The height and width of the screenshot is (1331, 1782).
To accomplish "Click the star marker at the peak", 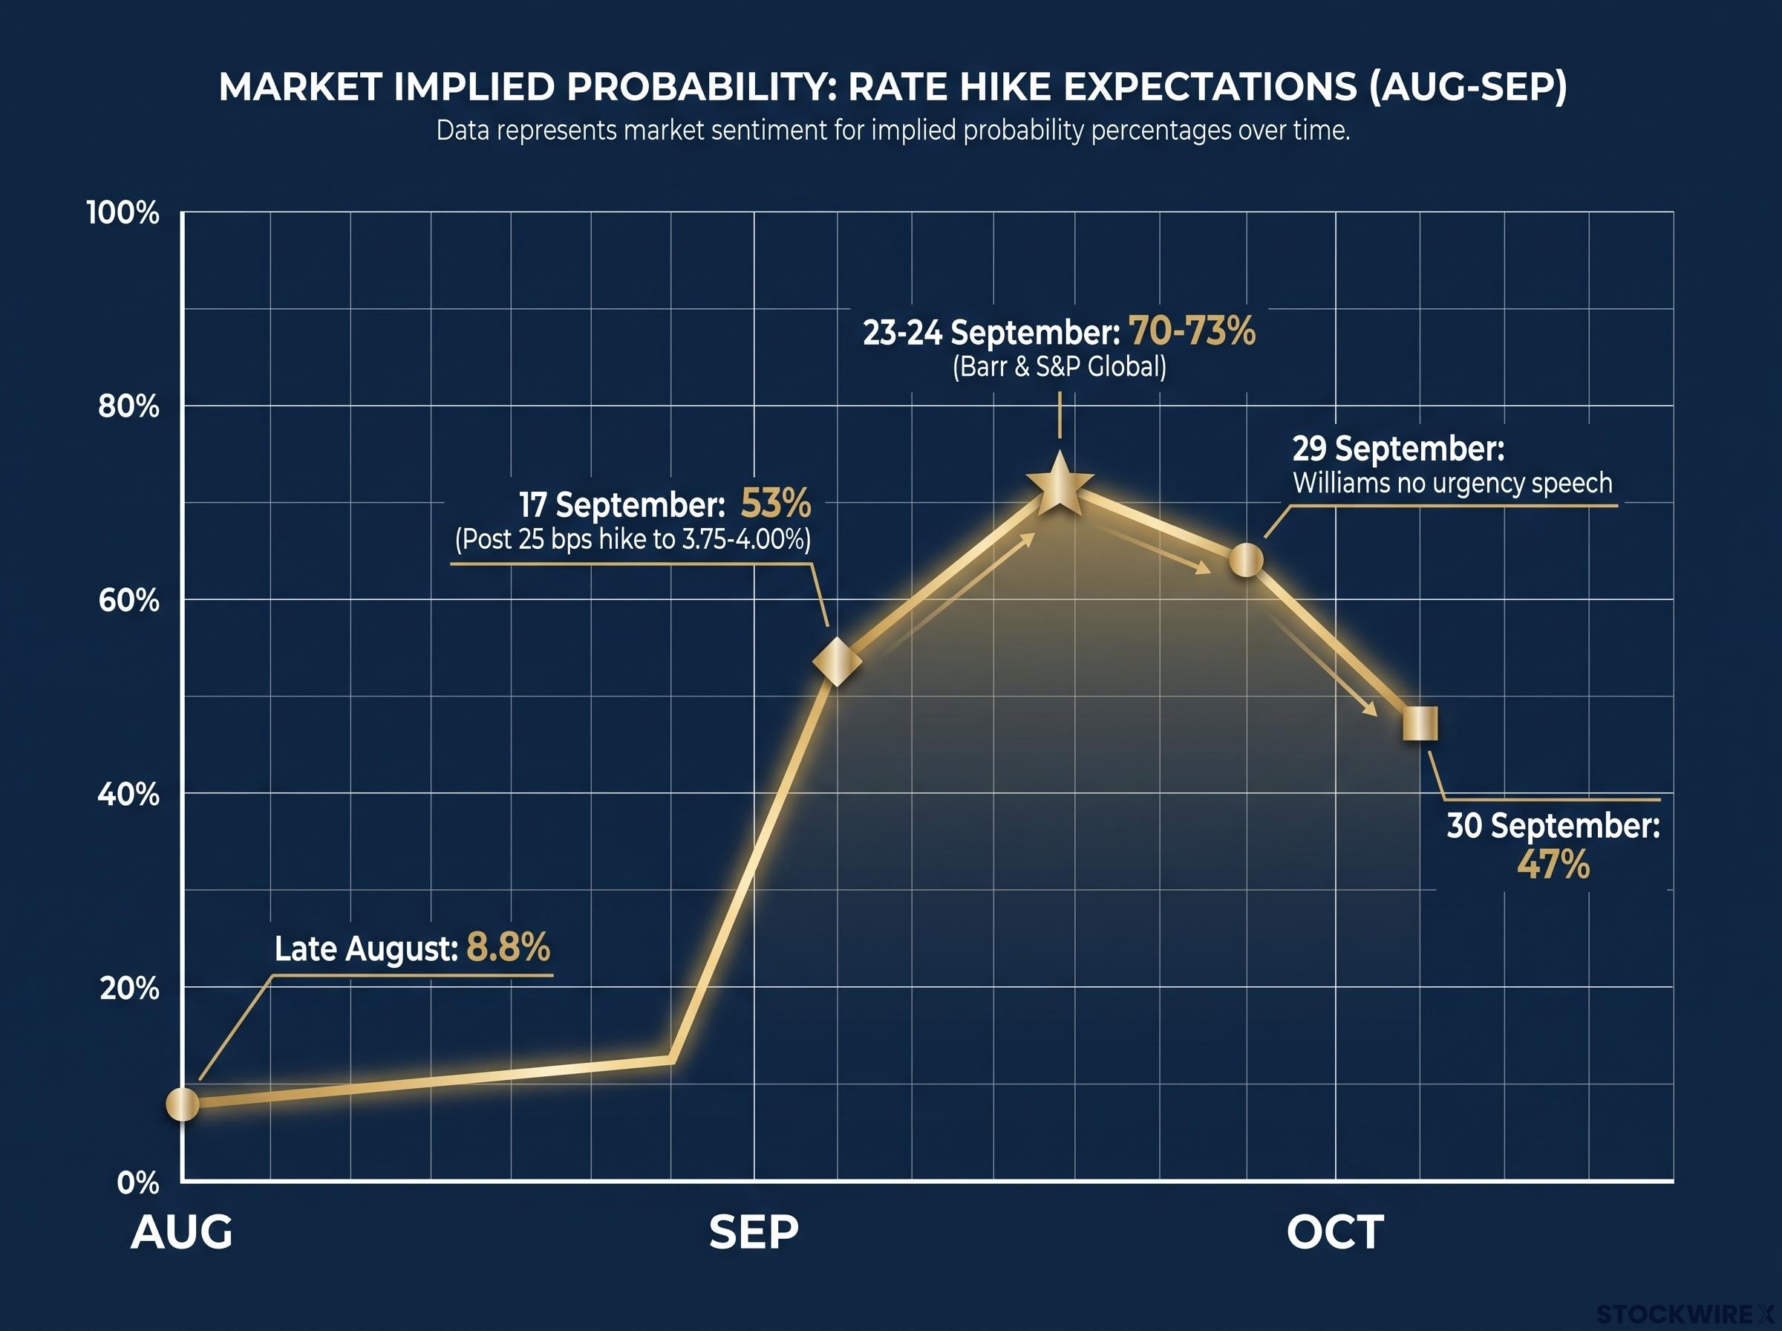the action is pyautogui.click(x=1060, y=485).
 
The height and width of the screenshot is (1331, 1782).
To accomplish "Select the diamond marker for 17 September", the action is pyautogui.click(x=838, y=662).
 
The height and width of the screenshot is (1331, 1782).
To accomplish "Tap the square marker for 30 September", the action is pyautogui.click(x=1420, y=723).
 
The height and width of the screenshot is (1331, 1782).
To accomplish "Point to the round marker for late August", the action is pyautogui.click(x=183, y=1103).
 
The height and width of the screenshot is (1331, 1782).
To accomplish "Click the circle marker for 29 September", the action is pyautogui.click(x=1246, y=559).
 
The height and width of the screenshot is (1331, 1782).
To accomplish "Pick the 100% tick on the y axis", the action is pyautogui.click(x=123, y=213).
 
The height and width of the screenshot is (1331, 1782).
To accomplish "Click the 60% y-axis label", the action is pyautogui.click(x=129, y=600).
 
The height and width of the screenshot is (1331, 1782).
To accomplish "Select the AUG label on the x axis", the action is pyautogui.click(x=182, y=1233).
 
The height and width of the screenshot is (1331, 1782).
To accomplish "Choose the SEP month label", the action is pyautogui.click(x=754, y=1233).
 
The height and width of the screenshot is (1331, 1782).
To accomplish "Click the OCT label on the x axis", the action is pyautogui.click(x=1335, y=1233).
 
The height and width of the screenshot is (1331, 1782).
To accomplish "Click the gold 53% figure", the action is pyautogui.click(x=775, y=504).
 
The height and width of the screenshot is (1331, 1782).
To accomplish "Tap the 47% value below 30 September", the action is pyautogui.click(x=1553, y=865).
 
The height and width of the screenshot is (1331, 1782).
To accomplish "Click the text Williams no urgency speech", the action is pyautogui.click(x=1452, y=483).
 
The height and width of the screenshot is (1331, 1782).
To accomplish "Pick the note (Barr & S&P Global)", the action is pyautogui.click(x=1059, y=367).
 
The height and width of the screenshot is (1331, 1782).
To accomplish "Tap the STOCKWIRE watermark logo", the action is pyautogui.click(x=1688, y=1315).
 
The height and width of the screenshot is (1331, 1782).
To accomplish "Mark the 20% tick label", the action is pyautogui.click(x=129, y=989).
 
